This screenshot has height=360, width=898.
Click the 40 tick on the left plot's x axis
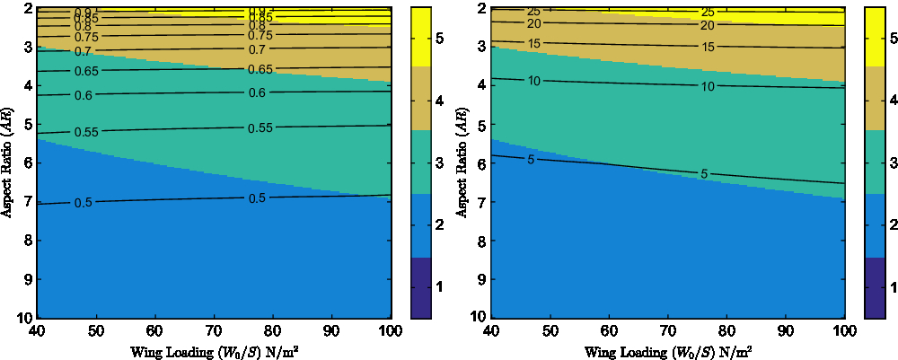click(x=38, y=333)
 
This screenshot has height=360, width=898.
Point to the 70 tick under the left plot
click(x=214, y=333)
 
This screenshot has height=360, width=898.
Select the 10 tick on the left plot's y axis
click(x=25, y=318)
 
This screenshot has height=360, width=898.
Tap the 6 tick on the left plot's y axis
click(x=28, y=162)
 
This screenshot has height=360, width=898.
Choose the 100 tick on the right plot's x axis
click(x=842, y=333)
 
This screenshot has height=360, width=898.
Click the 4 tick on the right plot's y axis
click(x=480, y=85)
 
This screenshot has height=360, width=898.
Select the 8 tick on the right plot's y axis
click(x=480, y=241)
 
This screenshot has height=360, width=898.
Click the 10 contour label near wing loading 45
click(x=533, y=82)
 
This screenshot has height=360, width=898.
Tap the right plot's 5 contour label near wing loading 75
click(x=704, y=173)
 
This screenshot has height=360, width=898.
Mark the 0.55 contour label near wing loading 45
click(x=86, y=133)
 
